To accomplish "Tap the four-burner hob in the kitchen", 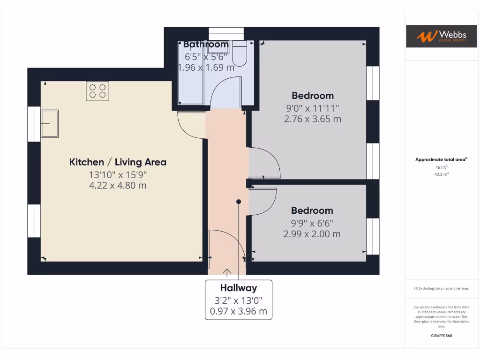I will tap(97, 91).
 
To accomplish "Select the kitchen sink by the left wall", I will tap(50, 124).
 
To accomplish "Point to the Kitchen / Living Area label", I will tap(118, 162).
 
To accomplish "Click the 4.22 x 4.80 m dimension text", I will tap(118, 186).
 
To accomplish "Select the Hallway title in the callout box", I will tap(239, 288).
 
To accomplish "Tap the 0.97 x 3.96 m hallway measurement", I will tap(239, 311).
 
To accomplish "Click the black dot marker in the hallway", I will tap(239, 202).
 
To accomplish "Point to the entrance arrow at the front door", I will tap(227, 272).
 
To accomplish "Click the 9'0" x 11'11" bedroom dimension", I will tap(313, 108).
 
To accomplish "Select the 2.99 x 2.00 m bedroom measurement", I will tap(312, 234).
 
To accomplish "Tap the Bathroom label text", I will tap(206, 45).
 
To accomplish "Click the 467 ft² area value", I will tap(441, 167).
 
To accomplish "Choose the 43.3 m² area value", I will tap(441, 174).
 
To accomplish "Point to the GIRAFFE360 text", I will tap(441, 336).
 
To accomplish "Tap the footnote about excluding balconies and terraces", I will tap(441, 288).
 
